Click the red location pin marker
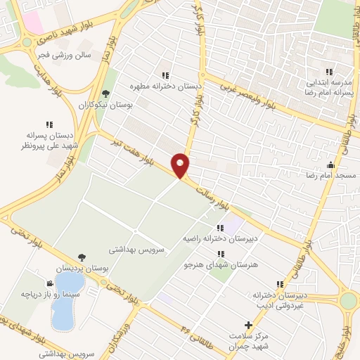(x=181, y=165)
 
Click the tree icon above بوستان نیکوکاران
(x=105, y=92)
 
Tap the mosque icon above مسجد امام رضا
(x=330, y=164)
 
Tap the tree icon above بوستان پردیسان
(x=83, y=258)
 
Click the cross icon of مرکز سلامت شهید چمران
(x=247, y=325)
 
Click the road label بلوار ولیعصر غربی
(x=251, y=98)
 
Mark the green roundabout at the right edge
(x=349, y=301)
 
